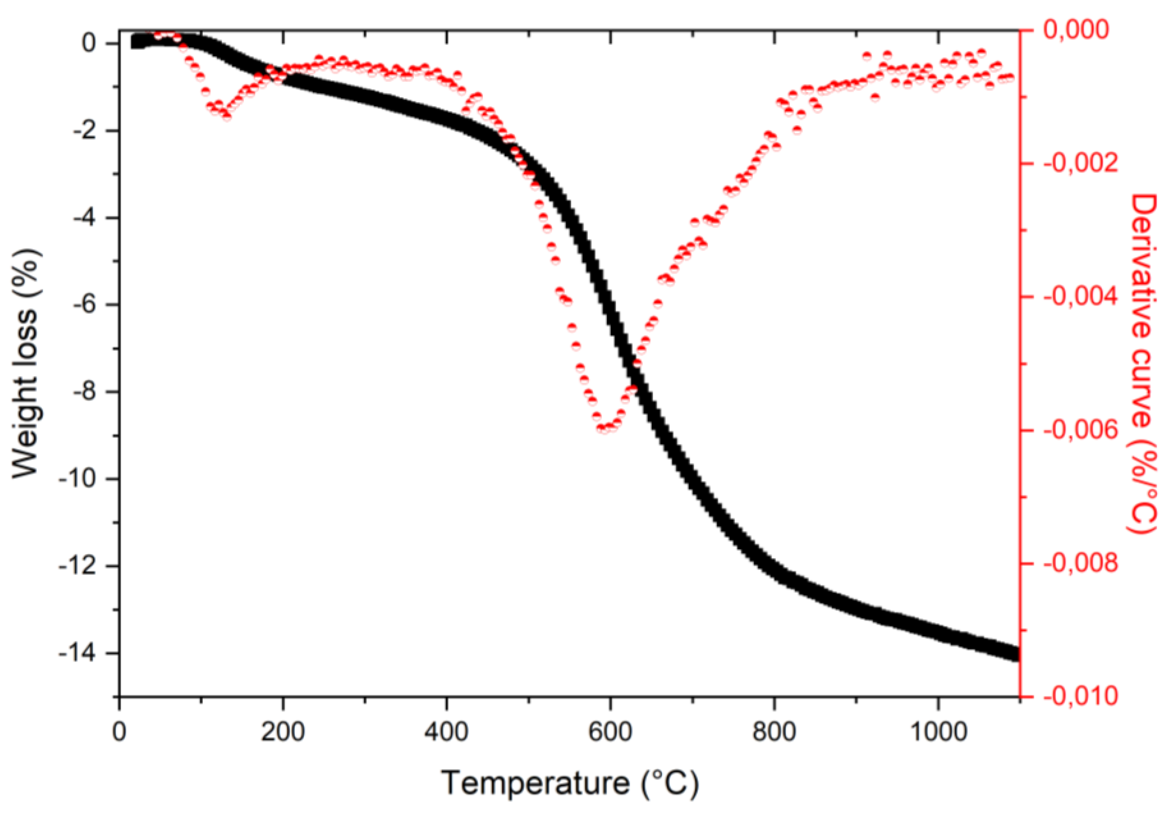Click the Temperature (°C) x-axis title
click(x=570, y=782)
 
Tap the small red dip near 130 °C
click(x=226, y=116)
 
